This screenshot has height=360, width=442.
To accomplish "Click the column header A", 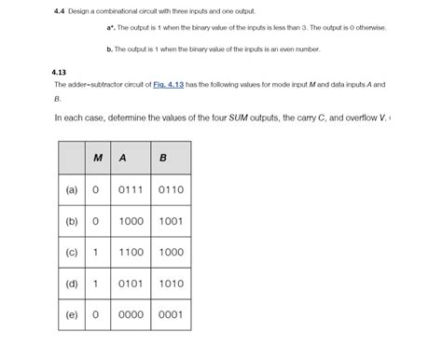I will point(120,157).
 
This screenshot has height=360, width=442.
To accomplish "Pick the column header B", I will point(163,157).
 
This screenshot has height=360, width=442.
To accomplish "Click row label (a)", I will point(72,189).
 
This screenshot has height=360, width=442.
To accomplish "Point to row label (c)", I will point(72,252).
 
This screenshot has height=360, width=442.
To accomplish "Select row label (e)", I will point(72,314).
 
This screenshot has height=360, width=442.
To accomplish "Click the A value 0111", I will point(129,189).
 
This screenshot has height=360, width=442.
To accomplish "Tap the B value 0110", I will point(171,189).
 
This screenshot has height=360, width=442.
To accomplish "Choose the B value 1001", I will point(171,221).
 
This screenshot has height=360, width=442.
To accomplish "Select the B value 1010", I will point(171,284).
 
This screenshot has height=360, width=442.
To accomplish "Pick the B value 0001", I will point(171,314).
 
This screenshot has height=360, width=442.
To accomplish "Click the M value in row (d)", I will point(96,284).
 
